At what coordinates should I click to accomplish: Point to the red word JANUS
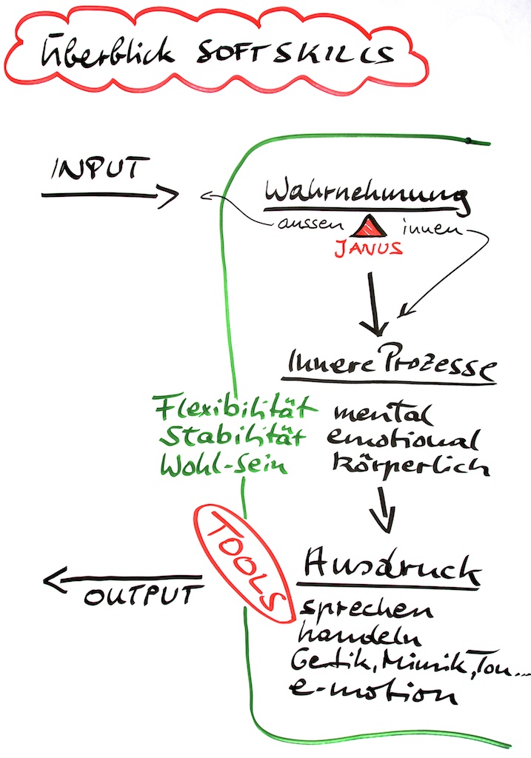(x=368, y=248)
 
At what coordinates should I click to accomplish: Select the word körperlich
(x=401, y=466)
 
